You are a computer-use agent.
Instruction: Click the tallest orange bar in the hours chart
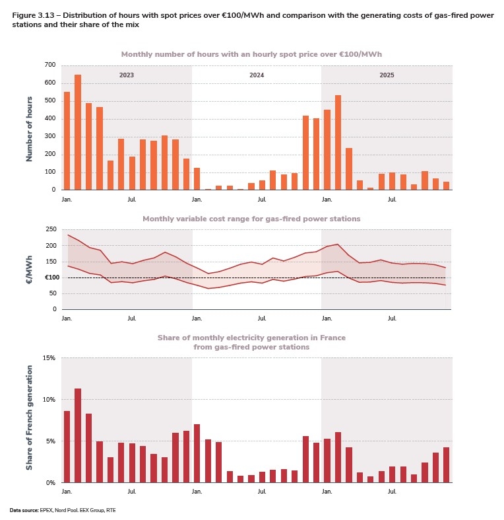(x=78, y=132)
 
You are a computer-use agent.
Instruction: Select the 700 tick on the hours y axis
(x=50, y=65)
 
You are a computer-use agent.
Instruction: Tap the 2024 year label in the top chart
(x=257, y=76)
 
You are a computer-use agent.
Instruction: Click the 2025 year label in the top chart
(x=387, y=76)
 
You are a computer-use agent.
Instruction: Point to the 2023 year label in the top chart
(x=127, y=76)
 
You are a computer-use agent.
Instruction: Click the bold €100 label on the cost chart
(x=51, y=278)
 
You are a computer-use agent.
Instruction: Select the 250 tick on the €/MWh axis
(x=51, y=229)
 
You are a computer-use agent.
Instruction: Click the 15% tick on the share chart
(x=49, y=358)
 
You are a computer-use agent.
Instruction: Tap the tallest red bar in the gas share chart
(x=78, y=435)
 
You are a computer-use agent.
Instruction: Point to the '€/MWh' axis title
(x=29, y=270)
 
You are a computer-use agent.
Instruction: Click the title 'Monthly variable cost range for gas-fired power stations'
(x=251, y=219)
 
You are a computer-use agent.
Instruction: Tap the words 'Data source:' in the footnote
(x=24, y=510)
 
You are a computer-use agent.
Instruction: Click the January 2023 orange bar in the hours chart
(x=67, y=141)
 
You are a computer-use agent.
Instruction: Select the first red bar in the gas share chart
(x=67, y=447)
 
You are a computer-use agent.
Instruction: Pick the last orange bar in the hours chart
(x=446, y=186)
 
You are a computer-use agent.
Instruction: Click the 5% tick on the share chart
(x=51, y=441)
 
